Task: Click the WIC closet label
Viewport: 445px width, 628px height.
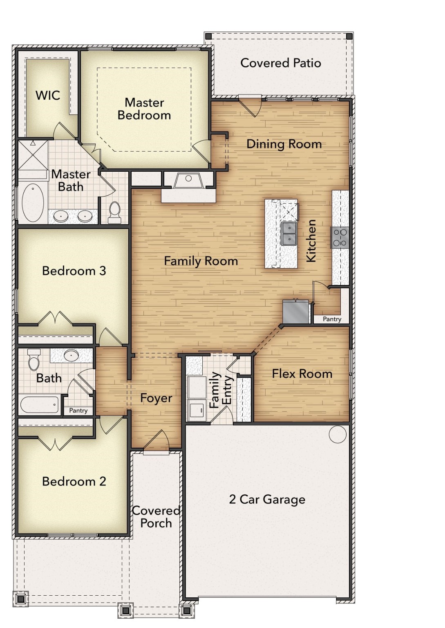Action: (x=48, y=95)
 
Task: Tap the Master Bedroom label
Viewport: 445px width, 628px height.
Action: (x=144, y=109)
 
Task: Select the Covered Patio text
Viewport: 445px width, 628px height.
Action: (x=280, y=63)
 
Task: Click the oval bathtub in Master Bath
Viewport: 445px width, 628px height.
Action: (x=33, y=203)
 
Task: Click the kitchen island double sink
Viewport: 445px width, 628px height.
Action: (x=289, y=233)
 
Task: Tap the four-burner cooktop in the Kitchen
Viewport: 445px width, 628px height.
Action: (x=340, y=238)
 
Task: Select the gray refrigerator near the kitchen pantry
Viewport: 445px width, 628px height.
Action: (x=296, y=312)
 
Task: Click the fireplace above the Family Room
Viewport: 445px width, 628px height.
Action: (x=188, y=181)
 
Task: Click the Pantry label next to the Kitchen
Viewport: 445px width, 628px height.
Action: (x=332, y=319)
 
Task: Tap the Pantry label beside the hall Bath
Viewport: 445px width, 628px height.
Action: (x=78, y=410)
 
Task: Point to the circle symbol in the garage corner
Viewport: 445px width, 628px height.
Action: (x=338, y=434)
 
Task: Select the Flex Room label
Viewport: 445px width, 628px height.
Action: (x=302, y=374)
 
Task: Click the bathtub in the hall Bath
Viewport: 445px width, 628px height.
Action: (x=40, y=405)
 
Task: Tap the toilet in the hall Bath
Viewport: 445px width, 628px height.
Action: (x=34, y=359)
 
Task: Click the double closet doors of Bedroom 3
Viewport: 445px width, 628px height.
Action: (x=55, y=318)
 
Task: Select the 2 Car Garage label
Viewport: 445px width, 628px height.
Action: (x=267, y=499)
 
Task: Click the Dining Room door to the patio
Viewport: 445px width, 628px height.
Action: (x=250, y=105)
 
